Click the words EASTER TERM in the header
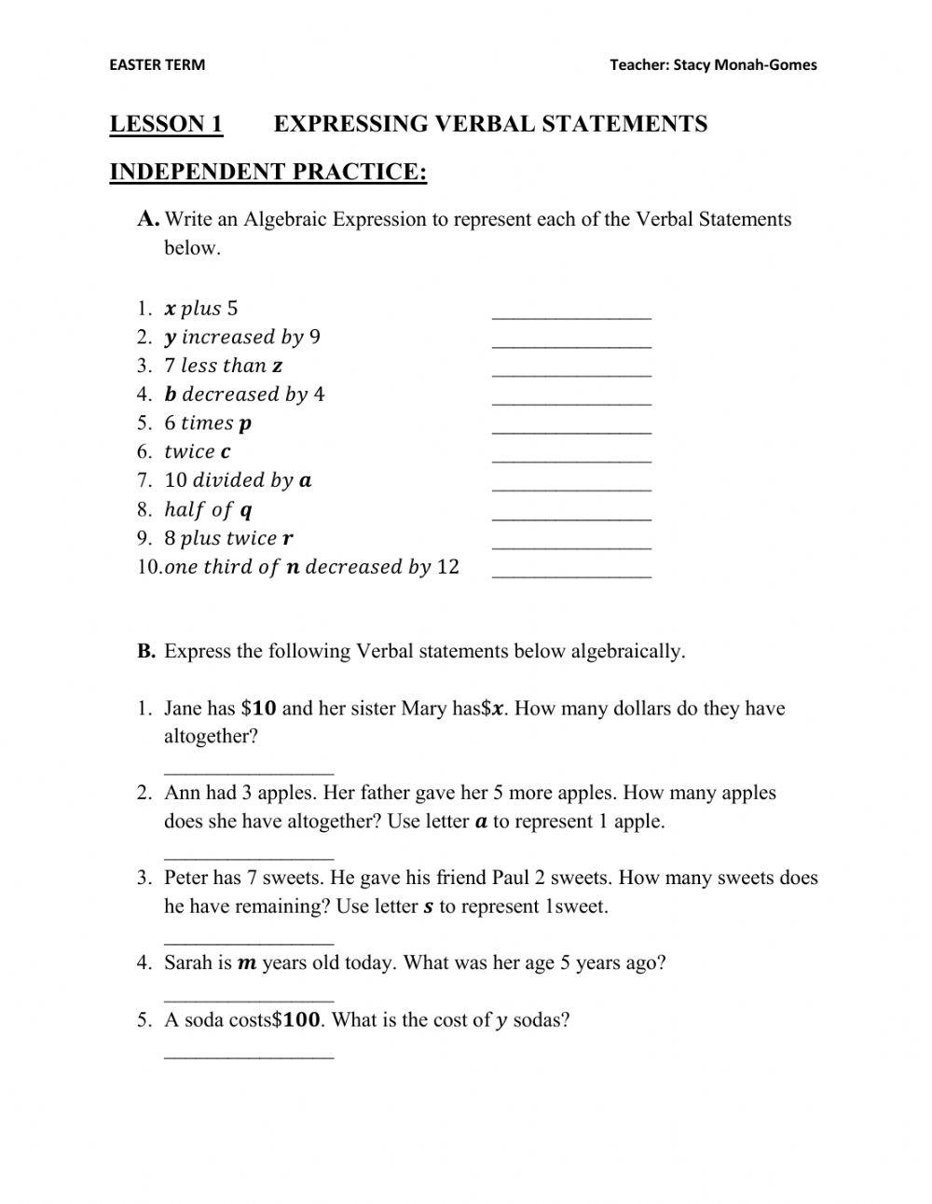pyautogui.click(x=157, y=64)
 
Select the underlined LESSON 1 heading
pyautogui.click(x=166, y=124)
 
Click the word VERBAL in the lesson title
pyautogui.click(x=478, y=124)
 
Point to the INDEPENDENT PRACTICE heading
pyautogui.click(x=267, y=172)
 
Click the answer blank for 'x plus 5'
pyautogui.click(x=571, y=315)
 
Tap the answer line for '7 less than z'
pyautogui.click(x=571, y=373)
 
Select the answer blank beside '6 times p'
pyautogui.click(x=571, y=430)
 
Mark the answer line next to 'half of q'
pyautogui.click(x=571, y=517)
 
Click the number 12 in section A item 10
pyautogui.click(x=447, y=567)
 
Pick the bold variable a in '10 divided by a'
pyautogui.click(x=305, y=481)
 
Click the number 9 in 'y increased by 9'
pyautogui.click(x=315, y=337)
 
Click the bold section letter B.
pyautogui.click(x=146, y=652)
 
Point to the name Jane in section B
pyautogui.click(x=185, y=709)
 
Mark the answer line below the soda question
pyautogui.click(x=249, y=1055)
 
